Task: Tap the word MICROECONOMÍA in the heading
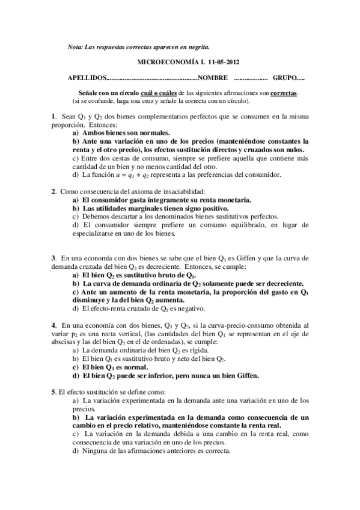click(x=158, y=62)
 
